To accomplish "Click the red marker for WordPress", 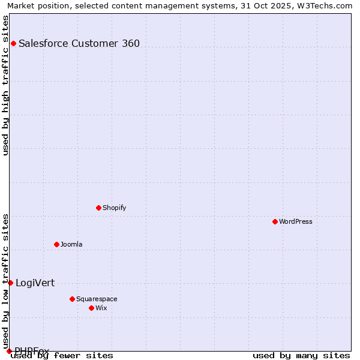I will coord(275,221).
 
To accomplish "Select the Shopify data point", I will coord(98,208).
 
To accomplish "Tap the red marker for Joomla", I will coord(56,244).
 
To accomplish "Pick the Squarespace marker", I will coord(72,299).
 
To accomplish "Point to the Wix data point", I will coord(91,308).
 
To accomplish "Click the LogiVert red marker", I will coord(10,283).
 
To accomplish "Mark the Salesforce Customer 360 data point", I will coord(13,43).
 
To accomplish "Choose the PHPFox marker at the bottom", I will coord(9,351).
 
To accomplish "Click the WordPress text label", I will coord(296,221).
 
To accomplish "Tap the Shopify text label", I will coord(115,208).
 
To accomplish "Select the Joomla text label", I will coord(71,244).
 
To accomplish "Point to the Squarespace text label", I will coord(97,299).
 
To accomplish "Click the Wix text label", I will coord(101,308).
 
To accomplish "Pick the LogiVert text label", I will coord(35,283).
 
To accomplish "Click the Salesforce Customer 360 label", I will coord(79,43).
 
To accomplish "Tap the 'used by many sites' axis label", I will coord(301,355).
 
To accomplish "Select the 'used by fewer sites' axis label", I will coord(62,355).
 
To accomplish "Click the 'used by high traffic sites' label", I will coord(5,85).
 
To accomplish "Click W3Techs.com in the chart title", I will coord(327,5).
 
